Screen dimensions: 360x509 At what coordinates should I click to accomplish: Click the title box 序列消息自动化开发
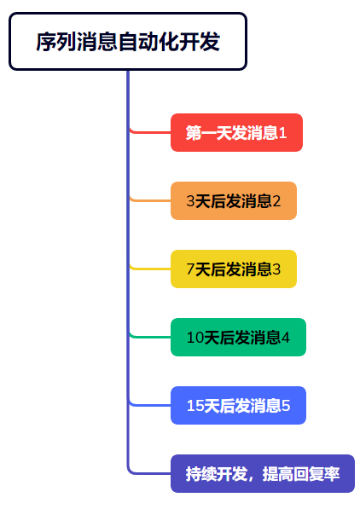pyautogui.click(x=128, y=41)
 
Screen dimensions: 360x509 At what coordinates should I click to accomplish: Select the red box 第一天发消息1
pyautogui.click(x=236, y=132)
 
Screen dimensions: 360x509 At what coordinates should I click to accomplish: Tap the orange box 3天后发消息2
pyautogui.click(x=234, y=200)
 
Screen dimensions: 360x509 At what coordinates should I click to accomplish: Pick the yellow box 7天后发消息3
pyautogui.click(x=234, y=269)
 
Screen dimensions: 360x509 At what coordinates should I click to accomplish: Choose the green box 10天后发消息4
pyautogui.click(x=238, y=337)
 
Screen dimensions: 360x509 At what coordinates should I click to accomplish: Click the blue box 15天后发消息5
pyautogui.click(x=238, y=405)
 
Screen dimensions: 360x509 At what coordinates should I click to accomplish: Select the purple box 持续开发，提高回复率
pyautogui.click(x=263, y=473)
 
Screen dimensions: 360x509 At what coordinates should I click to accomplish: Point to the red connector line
pyautogui.click(x=150, y=132)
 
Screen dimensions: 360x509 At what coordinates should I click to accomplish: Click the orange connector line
pyautogui.click(x=150, y=200)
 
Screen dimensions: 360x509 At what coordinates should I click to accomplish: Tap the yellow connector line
pyautogui.click(x=150, y=269)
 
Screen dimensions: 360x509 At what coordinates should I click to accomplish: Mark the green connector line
pyautogui.click(x=150, y=337)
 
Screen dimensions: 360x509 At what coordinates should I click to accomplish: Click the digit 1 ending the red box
pyautogui.click(x=282, y=133)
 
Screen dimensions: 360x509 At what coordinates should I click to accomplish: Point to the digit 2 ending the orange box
pyautogui.click(x=276, y=201)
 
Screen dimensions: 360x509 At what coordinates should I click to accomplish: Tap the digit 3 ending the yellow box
pyautogui.click(x=276, y=269)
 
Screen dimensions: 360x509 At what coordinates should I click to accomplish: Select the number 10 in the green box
pyautogui.click(x=195, y=338)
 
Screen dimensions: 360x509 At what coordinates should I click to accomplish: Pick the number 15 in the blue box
pyautogui.click(x=195, y=406)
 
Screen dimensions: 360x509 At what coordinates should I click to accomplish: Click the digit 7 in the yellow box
pyautogui.click(x=191, y=269)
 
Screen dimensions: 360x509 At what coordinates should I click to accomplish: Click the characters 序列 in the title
pyautogui.click(x=56, y=42)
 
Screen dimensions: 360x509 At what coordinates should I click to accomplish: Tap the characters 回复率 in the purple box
pyautogui.click(x=316, y=473)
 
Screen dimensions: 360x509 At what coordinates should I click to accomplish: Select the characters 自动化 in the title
pyautogui.click(x=148, y=42)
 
